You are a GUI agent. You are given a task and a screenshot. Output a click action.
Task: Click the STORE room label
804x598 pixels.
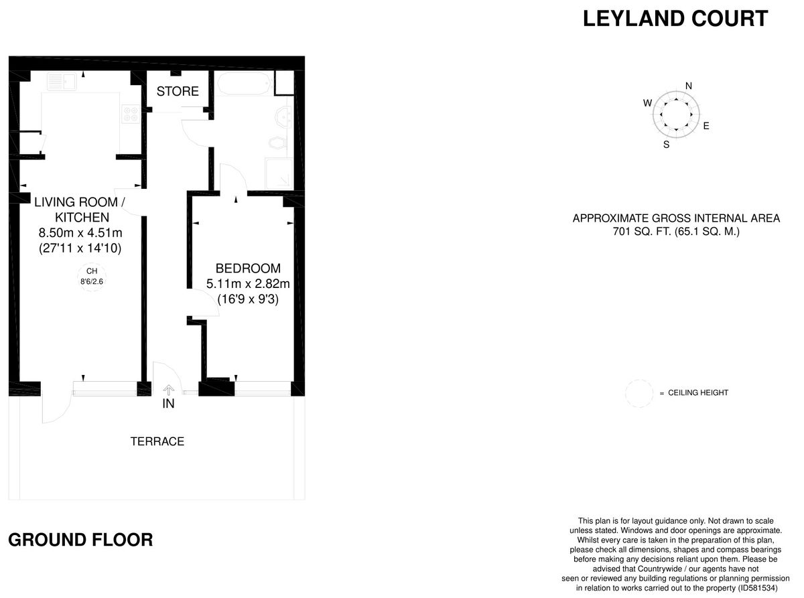point(178,92)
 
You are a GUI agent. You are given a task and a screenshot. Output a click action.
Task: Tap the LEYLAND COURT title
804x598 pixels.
point(675,19)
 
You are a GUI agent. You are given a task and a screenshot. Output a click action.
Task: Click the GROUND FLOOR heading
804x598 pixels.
point(80,540)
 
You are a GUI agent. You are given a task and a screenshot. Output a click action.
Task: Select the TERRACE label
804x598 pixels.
point(157,441)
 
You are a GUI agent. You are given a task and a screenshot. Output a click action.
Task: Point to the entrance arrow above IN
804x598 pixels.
point(168,389)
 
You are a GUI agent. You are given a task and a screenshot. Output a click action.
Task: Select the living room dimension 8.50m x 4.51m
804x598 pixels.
point(80,233)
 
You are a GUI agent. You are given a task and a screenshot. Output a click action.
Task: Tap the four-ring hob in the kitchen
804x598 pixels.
point(130,115)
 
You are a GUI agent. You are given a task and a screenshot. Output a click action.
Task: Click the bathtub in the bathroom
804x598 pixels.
point(243,86)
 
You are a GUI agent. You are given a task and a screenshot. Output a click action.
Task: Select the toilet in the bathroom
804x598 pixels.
point(277,142)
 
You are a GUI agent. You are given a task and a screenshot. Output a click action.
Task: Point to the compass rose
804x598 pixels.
point(676,113)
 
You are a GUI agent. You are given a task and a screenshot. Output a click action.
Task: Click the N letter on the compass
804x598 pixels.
point(689,85)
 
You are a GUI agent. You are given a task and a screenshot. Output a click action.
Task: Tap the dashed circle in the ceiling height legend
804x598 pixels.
point(639,393)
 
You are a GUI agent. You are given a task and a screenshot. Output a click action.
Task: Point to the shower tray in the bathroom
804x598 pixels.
point(279,173)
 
